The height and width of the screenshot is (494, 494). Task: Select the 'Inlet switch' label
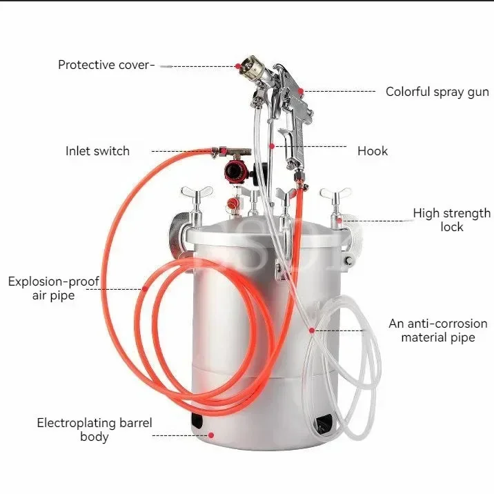click(97, 151)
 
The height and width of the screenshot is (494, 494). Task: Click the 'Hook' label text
click(372, 151)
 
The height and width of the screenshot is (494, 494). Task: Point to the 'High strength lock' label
click(451, 220)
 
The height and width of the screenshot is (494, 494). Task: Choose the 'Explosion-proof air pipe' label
click(54, 288)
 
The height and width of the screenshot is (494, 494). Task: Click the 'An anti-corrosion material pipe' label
click(437, 330)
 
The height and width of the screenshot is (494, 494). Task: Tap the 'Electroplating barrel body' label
click(94, 429)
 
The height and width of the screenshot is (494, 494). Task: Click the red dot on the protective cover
click(237, 66)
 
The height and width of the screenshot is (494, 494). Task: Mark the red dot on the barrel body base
click(211, 435)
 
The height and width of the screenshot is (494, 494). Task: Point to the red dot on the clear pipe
click(312, 330)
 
